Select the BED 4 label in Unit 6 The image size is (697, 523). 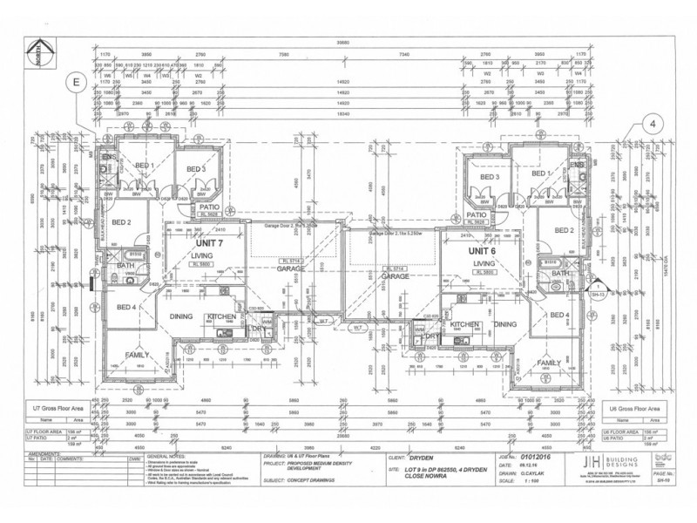[558, 314]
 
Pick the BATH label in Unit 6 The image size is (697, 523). [558, 273]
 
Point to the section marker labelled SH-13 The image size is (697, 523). [598, 289]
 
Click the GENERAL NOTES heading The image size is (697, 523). [167, 454]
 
